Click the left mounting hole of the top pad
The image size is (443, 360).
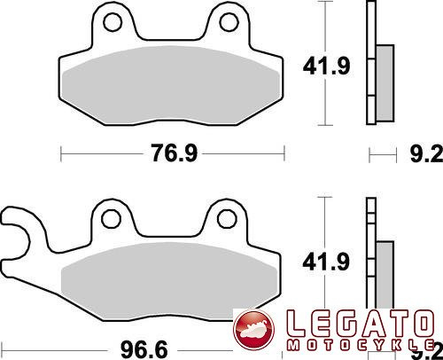pyautogui.click(x=113, y=22)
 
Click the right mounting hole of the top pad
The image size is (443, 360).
pyautogui.click(x=229, y=22)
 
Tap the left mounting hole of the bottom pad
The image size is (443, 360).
pyautogui.click(x=111, y=219)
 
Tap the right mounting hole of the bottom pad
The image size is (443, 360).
pyautogui.click(x=227, y=219)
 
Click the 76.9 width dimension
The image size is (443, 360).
pyautogui.click(x=174, y=153)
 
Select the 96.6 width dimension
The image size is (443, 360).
pyautogui.click(x=144, y=350)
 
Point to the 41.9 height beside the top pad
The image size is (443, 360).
pyautogui.click(x=326, y=66)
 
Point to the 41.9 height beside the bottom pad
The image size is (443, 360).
pyautogui.click(x=326, y=262)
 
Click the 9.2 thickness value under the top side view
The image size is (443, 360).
pyautogui.click(x=427, y=153)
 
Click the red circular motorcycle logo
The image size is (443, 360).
pyautogui.click(x=254, y=329)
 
